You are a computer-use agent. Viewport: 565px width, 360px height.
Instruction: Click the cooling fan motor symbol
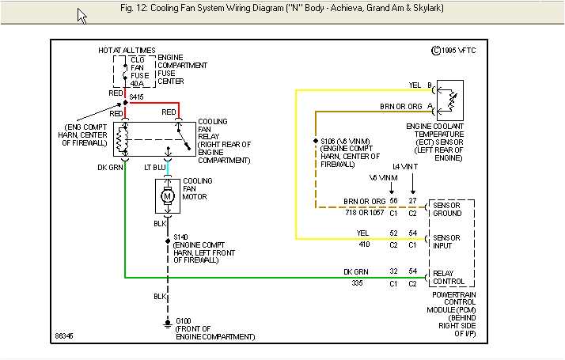coord(167,195)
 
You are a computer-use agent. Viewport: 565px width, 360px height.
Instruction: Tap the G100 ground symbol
coord(167,324)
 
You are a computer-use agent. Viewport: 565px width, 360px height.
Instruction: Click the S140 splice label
coord(181,237)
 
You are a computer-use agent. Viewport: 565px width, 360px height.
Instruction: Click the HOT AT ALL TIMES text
coord(127,51)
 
